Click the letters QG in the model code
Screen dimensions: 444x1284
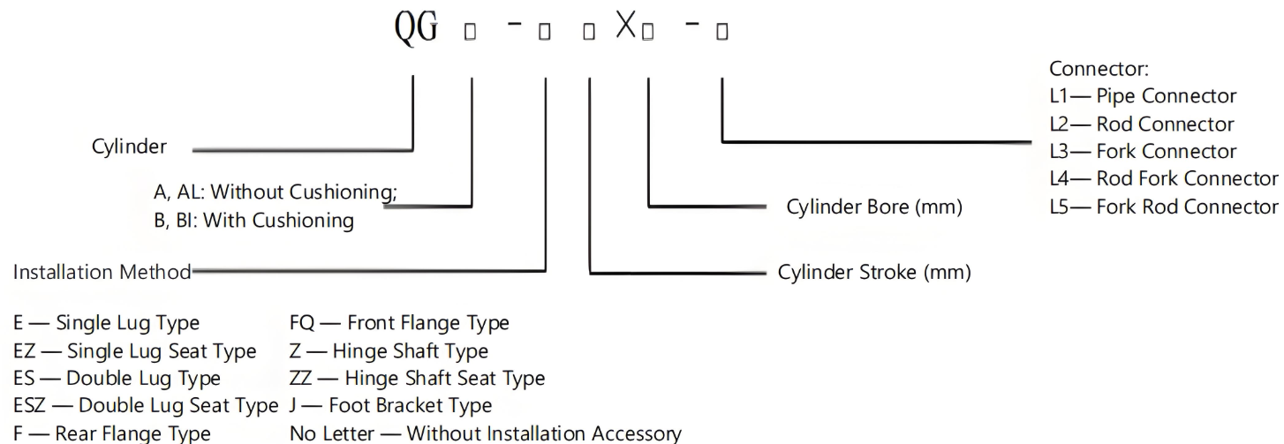pos(414,33)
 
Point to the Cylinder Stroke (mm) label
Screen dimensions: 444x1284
pos(874,272)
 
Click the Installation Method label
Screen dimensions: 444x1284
pos(102,272)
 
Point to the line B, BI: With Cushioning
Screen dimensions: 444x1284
pos(253,221)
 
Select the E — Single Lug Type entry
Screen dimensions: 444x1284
pos(105,323)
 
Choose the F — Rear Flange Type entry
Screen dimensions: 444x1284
pos(111,433)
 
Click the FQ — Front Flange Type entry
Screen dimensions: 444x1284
pos(399,323)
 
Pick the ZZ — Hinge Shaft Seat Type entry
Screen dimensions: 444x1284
pos(417,379)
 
